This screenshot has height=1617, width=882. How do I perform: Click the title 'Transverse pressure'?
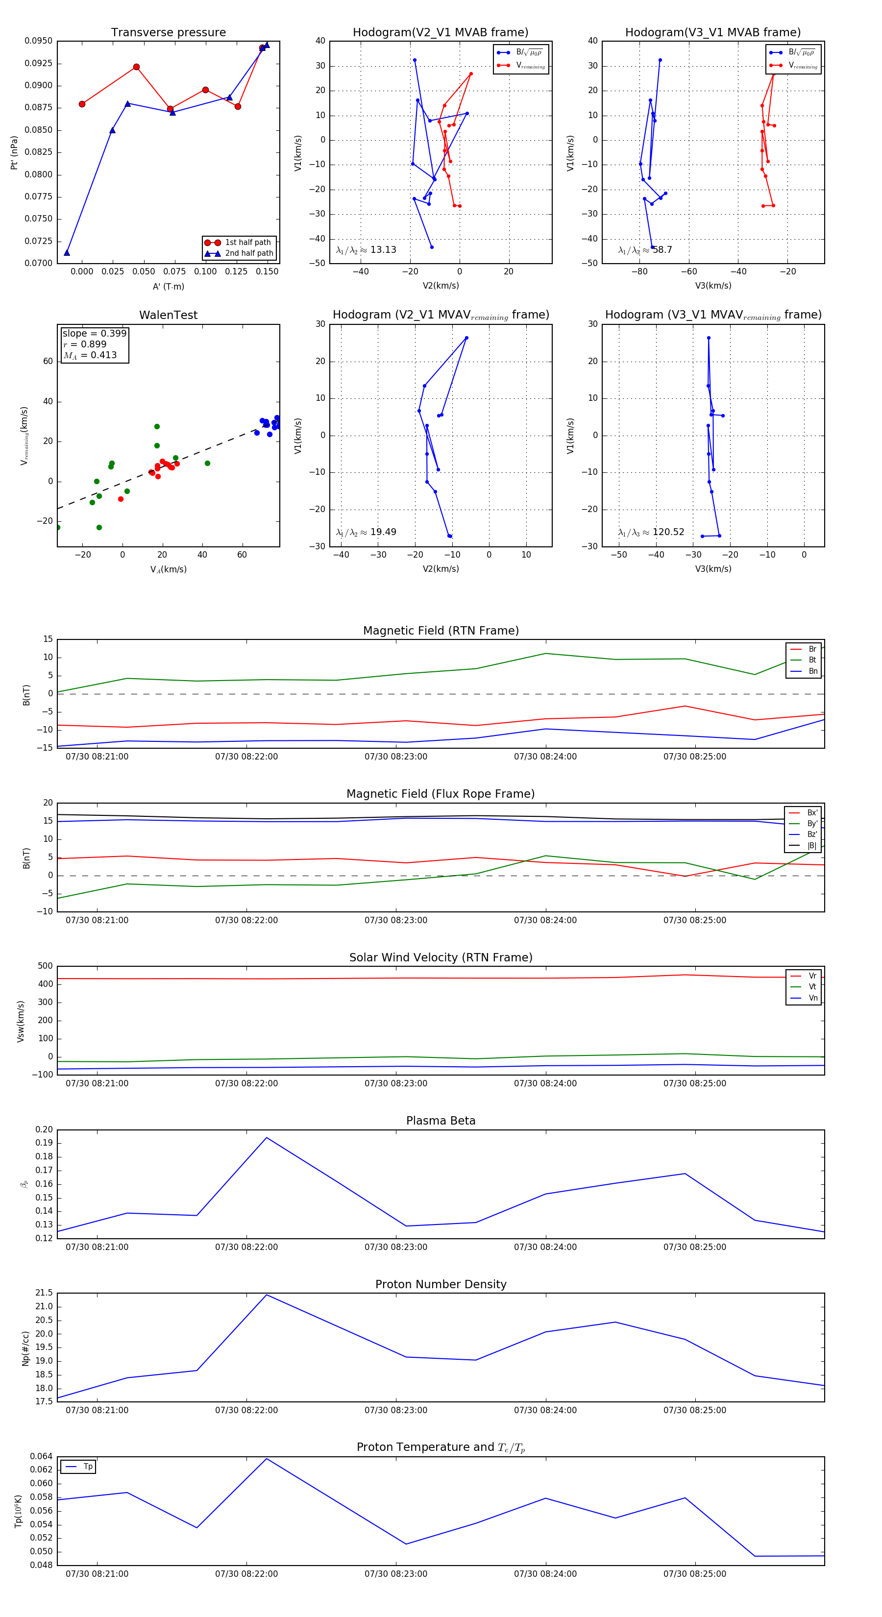(x=168, y=33)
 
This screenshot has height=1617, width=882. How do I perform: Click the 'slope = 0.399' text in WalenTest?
(x=94, y=333)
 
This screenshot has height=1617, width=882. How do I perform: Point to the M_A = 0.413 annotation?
(x=90, y=355)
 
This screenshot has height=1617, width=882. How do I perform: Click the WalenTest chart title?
(x=168, y=315)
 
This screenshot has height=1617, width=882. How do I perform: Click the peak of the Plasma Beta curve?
(x=267, y=1137)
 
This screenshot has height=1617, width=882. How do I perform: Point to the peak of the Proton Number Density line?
(x=267, y=1295)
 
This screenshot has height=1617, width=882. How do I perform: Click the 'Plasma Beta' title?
(x=441, y=1121)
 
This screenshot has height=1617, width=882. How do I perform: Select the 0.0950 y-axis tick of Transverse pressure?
(x=38, y=41)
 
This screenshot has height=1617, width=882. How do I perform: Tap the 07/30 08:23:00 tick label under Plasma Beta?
(x=395, y=1247)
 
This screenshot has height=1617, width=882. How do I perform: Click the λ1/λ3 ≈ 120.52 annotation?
(x=651, y=532)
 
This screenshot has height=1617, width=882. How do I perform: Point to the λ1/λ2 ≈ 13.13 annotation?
(x=366, y=250)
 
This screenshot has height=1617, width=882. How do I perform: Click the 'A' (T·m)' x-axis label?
(x=168, y=286)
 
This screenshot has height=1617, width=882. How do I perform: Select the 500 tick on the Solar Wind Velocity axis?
(x=45, y=966)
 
